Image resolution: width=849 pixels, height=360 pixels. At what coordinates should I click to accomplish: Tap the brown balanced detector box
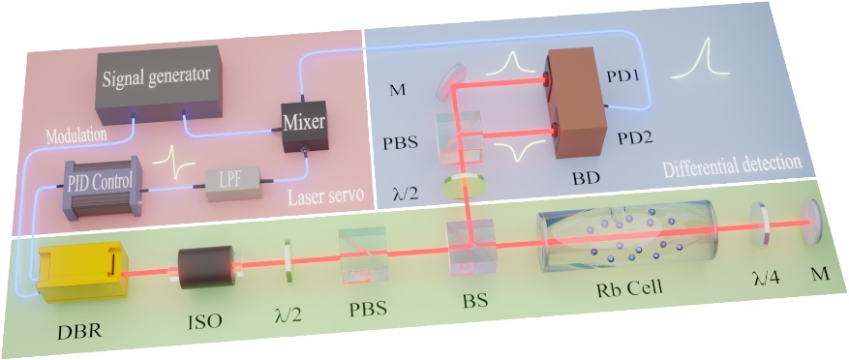click(576, 103)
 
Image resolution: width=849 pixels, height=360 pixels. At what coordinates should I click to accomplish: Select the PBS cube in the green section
click(363, 254)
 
